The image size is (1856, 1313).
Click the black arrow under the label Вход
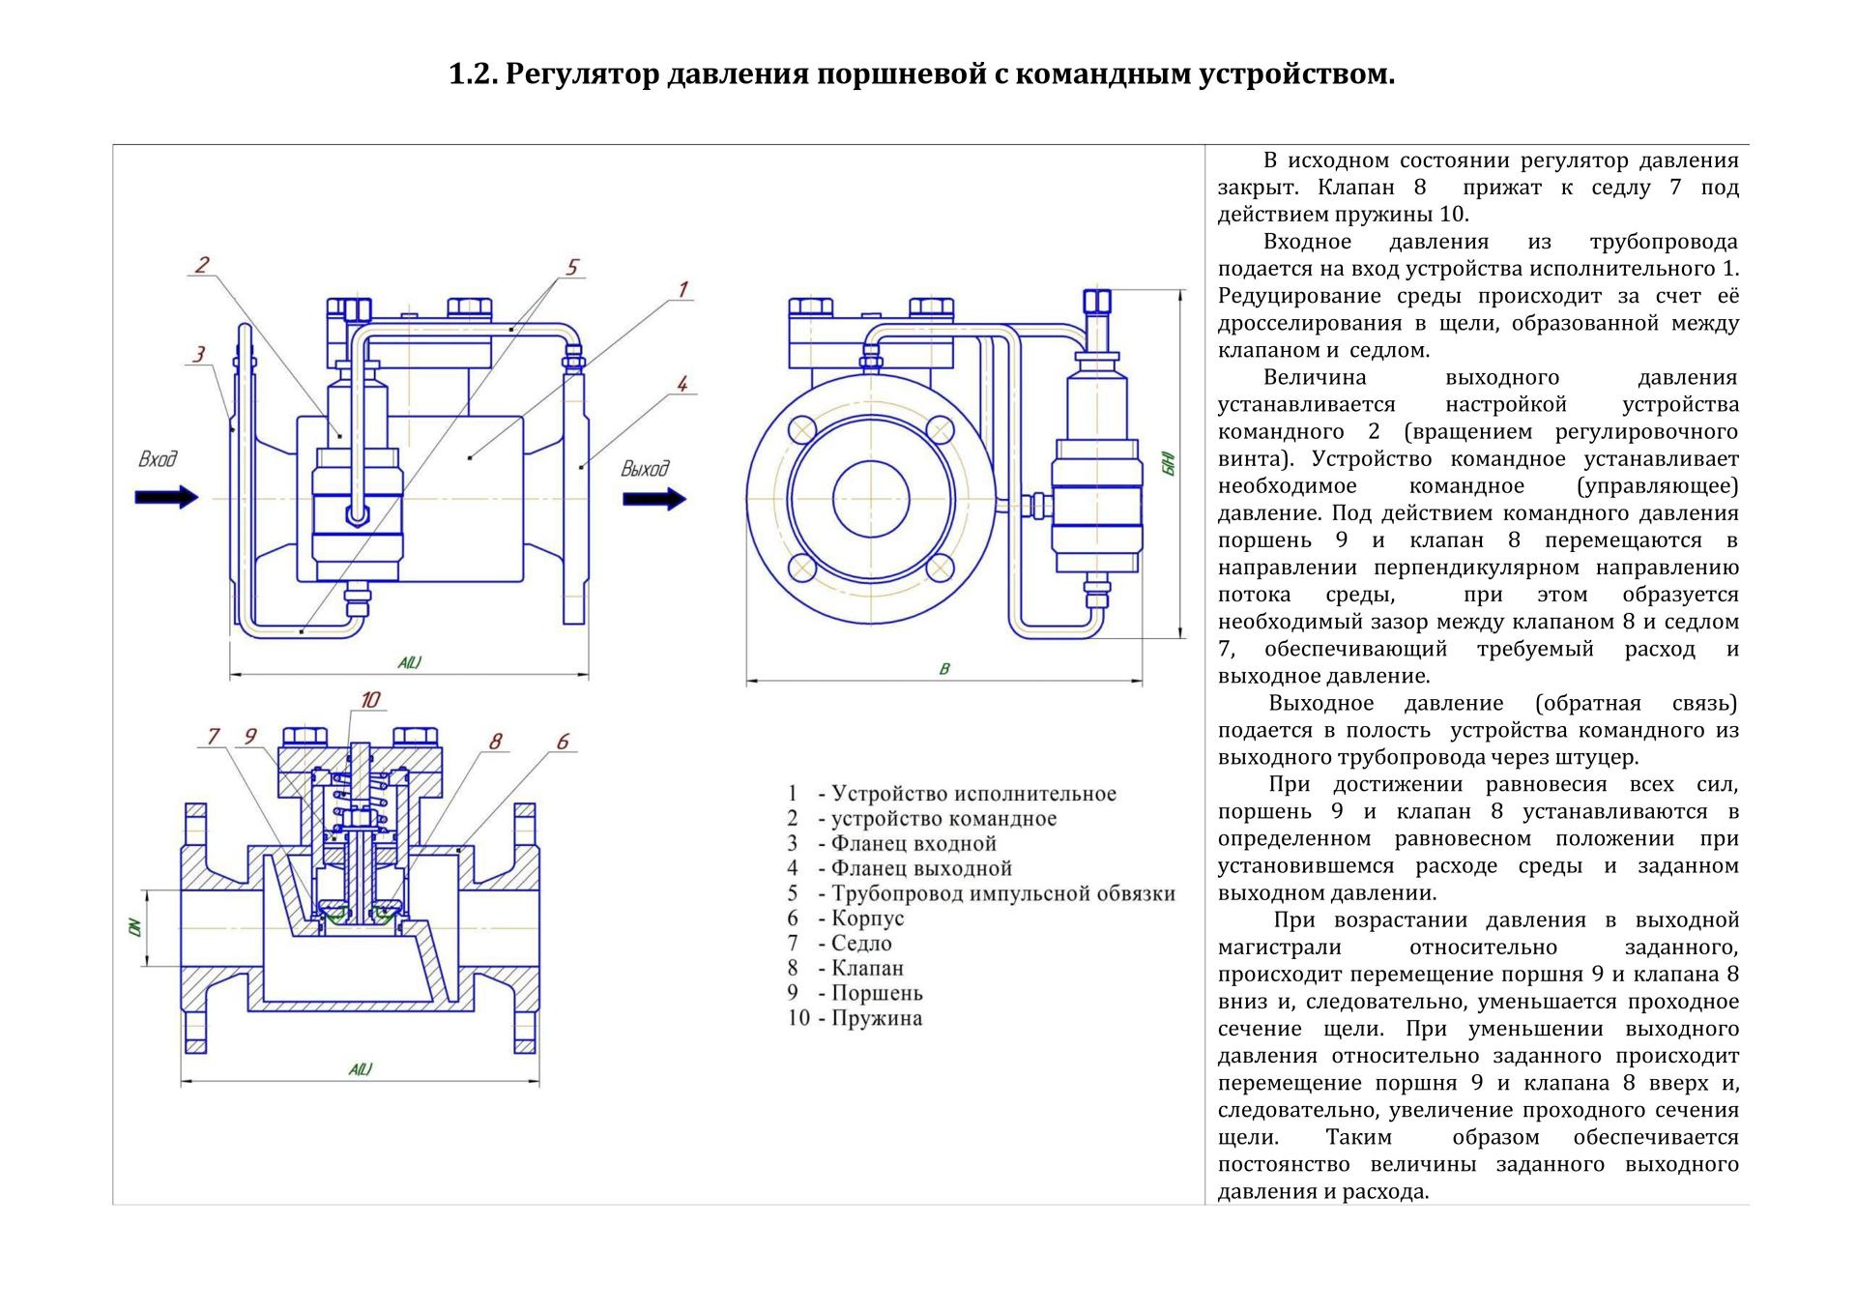(x=166, y=497)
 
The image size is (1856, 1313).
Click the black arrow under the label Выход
(x=654, y=499)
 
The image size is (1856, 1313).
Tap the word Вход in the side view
(x=159, y=458)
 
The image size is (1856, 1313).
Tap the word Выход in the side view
(x=645, y=469)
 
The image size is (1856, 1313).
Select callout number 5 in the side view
(x=571, y=267)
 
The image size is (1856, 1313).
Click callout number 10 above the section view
(x=369, y=699)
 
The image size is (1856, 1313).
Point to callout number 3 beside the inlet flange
(x=199, y=354)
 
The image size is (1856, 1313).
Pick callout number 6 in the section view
(x=563, y=742)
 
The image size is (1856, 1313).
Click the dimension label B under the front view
(x=944, y=668)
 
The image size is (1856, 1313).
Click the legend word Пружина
(x=877, y=1018)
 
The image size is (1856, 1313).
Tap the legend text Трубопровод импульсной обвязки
(x=1003, y=893)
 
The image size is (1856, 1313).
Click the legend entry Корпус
(x=867, y=918)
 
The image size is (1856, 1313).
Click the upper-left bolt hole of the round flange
(x=802, y=429)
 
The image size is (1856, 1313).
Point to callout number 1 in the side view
(x=682, y=289)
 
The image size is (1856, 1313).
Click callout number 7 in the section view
(x=214, y=737)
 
